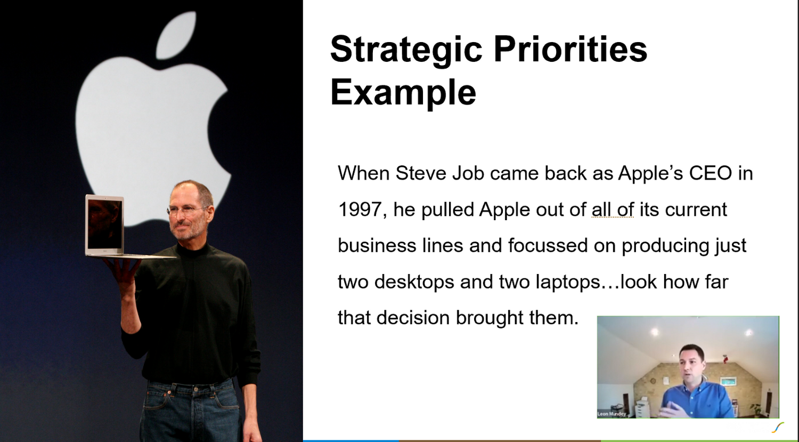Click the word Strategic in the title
click(x=407, y=50)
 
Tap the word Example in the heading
click(x=403, y=92)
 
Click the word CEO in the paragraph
click(x=711, y=173)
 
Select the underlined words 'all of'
click(x=613, y=209)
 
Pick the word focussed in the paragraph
click(x=548, y=245)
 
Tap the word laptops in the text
click(x=568, y=282)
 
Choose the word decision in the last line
click(x=413, y=317)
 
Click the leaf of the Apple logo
click(x=176, y=36)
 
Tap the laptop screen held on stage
click(x=105, y=224)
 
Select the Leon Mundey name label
click(x=612, y=414)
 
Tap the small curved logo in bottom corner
click(x=778, y=428)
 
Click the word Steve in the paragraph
click(x=421, y=173)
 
